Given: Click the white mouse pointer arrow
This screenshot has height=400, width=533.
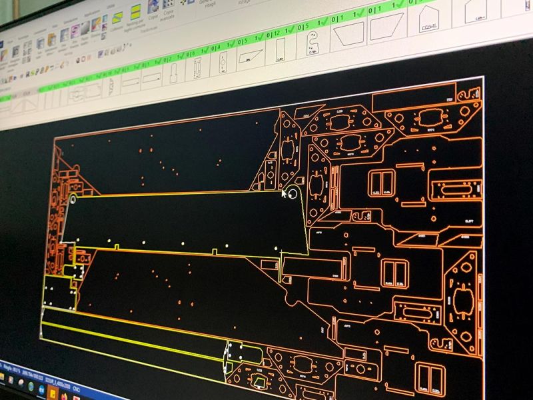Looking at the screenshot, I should point(284,193).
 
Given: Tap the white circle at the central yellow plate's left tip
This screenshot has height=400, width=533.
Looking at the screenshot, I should point(72,199).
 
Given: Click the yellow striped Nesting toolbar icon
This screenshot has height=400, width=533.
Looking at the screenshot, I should point(135,11).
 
